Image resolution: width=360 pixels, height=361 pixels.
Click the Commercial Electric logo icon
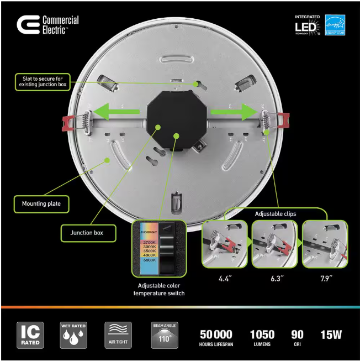(28, 25)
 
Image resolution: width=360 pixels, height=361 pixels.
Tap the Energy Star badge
(335, 25)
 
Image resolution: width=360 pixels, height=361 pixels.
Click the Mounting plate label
(41, 204)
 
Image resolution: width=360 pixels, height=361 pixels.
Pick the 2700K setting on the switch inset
(149, 243)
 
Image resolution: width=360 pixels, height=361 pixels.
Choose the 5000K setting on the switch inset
(149, 259)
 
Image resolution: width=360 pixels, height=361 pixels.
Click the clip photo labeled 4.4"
(225, 243)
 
